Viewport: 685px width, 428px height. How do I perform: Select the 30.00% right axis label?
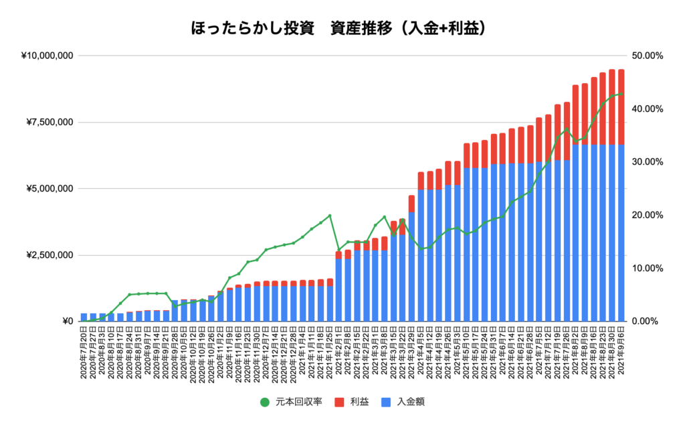[646, 162]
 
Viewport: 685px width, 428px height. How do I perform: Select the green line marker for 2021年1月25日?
[330, 216]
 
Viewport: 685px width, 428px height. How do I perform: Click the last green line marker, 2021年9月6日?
[621, 94]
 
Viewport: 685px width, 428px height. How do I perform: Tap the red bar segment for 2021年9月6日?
[621, 107]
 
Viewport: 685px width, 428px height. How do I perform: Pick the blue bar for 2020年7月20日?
[84, 317]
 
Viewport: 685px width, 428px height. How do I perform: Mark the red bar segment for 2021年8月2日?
[575, 115]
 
